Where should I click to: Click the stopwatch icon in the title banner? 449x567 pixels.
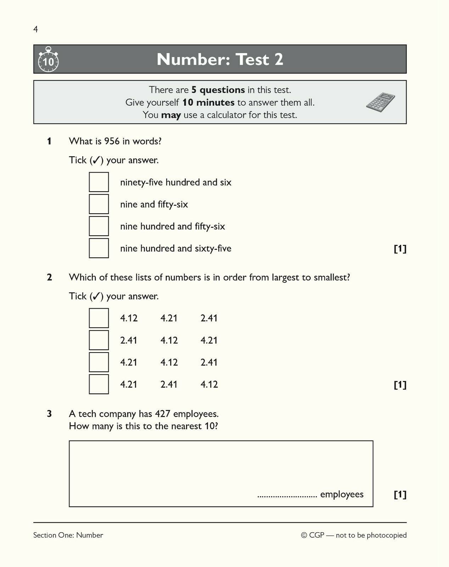[x=48, y=60]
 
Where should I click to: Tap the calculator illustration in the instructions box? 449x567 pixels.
[x=380, y=102]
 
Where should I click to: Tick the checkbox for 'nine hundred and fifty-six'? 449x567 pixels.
[x=99, y=226]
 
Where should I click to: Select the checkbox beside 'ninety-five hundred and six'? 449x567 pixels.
[x=99, y=182]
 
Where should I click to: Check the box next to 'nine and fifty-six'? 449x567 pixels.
[x=99, y=204]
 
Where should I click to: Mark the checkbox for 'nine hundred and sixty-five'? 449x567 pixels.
[x=99, y=248]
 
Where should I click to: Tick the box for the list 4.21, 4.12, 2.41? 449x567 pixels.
[x=99, y=362]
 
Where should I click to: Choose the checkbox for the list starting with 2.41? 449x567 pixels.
[x=99, y=340]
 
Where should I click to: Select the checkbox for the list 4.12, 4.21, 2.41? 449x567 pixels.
[x=99, y=318]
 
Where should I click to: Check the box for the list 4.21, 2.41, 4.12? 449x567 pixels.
[x=99, y=384]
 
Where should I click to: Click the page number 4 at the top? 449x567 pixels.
[x=35, y=29]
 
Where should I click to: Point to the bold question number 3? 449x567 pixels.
[x=49, y=414]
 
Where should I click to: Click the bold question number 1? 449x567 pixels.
[x=49, y=141]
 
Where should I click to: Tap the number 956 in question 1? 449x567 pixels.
[x=112, y=141]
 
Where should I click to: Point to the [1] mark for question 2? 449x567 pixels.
[x=400, y=384]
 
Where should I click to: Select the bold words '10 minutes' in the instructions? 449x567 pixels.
[x=208, y=103]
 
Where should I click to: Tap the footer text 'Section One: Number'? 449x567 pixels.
[x=68, y=535]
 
